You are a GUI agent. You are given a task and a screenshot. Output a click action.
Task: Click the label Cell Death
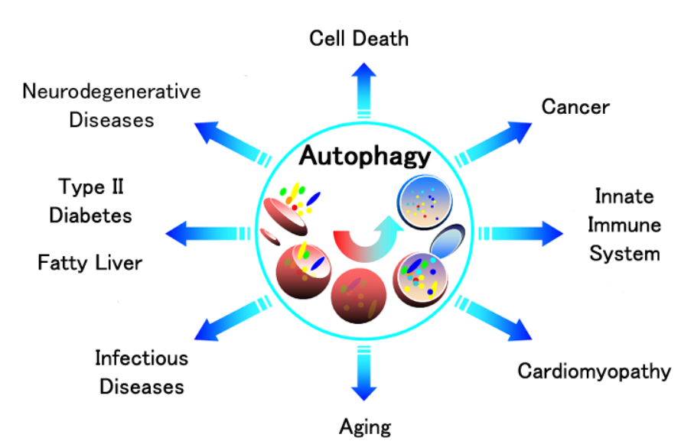pyautogui.click(x=358, y=38)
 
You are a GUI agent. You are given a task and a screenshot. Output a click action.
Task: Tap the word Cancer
pyautogui.click(x=575, y=106)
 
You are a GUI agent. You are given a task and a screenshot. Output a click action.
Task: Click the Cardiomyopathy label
pyautogui.click(x=594, y=372)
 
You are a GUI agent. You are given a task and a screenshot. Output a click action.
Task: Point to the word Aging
pyautogui.click(x=365, y=426)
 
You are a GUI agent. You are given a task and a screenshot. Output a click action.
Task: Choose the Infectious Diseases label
pyautogui.click(x=142, y=371)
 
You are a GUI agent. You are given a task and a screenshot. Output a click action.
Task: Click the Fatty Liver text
pyautogui.click(x=90, y=263)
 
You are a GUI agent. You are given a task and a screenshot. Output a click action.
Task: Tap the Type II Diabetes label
pyautogui.click(x=90, y=201)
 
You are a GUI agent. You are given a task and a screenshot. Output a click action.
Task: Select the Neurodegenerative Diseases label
pyautogui.click(x=112, y=105)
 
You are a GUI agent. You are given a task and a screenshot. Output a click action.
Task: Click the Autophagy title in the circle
pyautogui.click(x=364, y=156)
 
